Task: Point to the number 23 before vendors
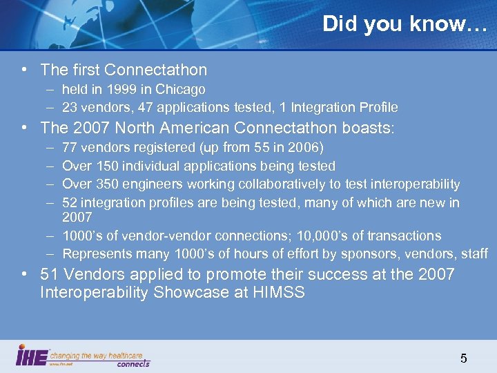(x=69, y=107)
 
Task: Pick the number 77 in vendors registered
(x=69, y=148)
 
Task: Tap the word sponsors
(x=371, y=254)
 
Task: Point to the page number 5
(x=463, y=358)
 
